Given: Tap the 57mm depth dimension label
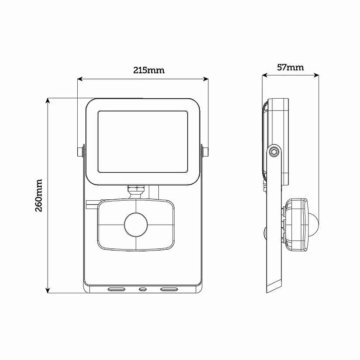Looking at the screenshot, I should (290, 67).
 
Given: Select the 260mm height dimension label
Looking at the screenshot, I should (39, 195).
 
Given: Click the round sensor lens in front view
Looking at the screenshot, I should (136, 225).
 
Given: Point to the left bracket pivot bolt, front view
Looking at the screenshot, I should (80, 151).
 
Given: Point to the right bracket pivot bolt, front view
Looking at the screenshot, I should (205, 151).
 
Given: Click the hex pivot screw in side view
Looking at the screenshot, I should (274, 152).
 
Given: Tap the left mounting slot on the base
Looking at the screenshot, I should (116, 289).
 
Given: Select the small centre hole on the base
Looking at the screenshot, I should (142, 289).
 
